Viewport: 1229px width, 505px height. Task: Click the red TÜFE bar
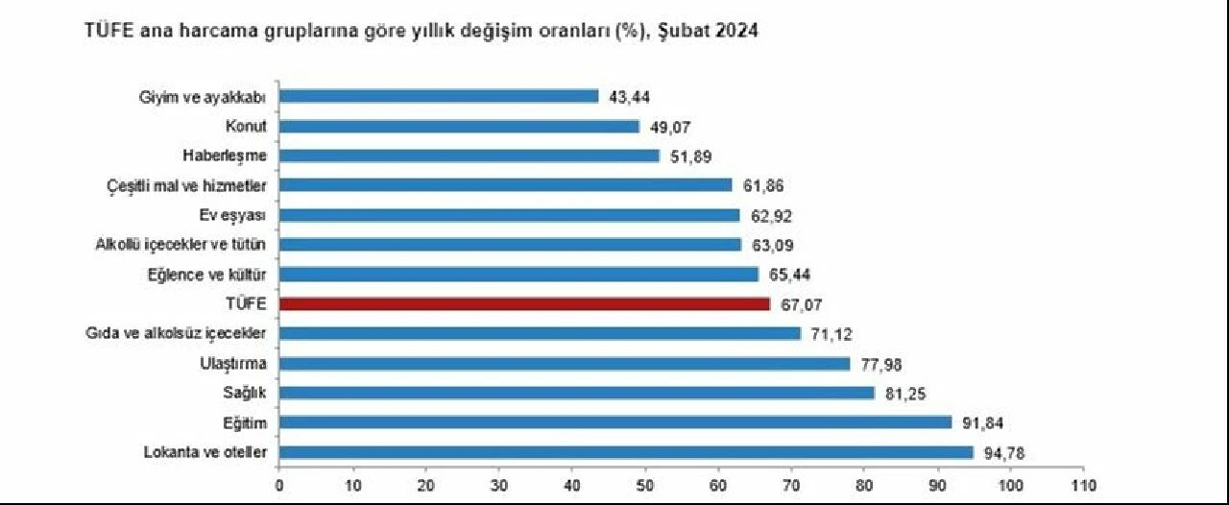(x=524, y=304)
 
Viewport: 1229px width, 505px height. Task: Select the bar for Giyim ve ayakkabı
(x=439, y=96)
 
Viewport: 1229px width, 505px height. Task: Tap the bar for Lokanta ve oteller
(x=626, y=452)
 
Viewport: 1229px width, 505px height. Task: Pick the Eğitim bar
(x=615, y=422)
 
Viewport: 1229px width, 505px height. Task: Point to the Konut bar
(x=459, y=126)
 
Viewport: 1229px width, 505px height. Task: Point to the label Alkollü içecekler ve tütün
(x=181, y=245)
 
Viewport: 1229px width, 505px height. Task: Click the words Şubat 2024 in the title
(x=710, y=32)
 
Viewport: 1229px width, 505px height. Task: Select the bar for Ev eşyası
(x=509, y=215)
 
